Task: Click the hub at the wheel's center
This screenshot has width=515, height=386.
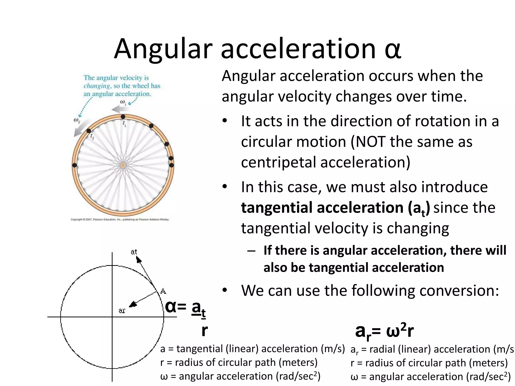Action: pyautogui.click(x=123, y=165)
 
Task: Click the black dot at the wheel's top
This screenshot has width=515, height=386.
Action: pyautogui.click(x=123, y=117)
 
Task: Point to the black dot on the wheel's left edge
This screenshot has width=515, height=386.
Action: pyautogui.click(x=74, y=165)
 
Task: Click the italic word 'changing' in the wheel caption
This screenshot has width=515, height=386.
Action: pyautogui.click(x=97, y=86)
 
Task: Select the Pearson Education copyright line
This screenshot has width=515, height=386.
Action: pyautogui.click(x=120, y=219)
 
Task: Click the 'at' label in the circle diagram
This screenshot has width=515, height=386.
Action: pyautogui.click(x=134, y=252)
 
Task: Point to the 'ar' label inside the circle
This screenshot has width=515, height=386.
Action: pyautogui.click(x=122, y=311)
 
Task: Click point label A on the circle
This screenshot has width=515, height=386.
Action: pyautogui.click(x=163, y=291)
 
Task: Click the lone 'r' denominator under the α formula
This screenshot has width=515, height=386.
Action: pyautogui.click(x=204, y=331)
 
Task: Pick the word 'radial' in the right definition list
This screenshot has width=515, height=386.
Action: pyautogui.click(x=382, y=349)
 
